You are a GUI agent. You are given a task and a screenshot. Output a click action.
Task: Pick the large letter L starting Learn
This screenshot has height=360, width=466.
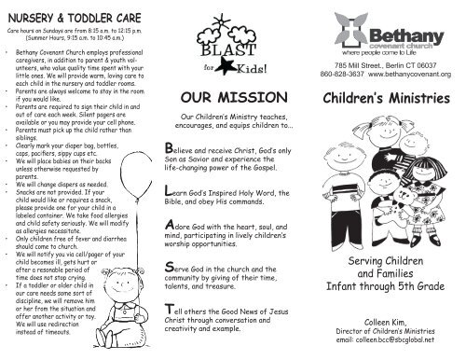click(x=167, y=192)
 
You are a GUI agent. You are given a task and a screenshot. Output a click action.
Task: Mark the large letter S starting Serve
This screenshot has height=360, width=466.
click(x=168, y=270)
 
